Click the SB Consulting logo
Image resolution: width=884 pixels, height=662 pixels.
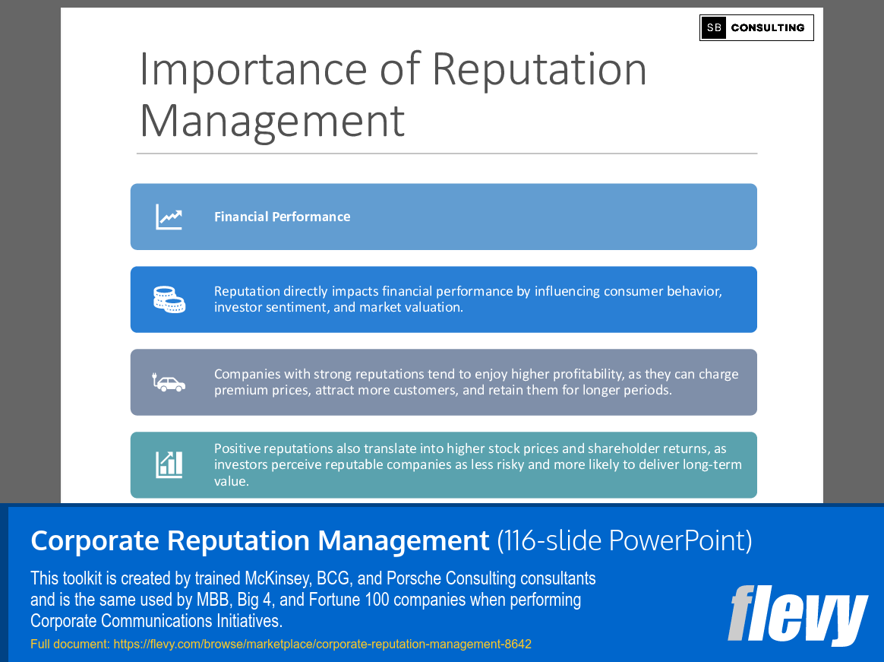[x=756, y=27]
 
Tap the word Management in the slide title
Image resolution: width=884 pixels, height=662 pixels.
[x=272, y=121]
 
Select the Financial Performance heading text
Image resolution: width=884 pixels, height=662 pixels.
[x=282, y=217]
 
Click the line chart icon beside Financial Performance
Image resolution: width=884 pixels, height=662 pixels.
[x=169, y=217]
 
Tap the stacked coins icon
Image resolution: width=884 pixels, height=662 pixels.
[x=169, y=299]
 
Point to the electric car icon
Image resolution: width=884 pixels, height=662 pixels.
[x=169, y=382]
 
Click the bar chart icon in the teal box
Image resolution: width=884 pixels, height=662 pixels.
[x=169, y=464]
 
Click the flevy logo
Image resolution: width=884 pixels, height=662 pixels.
[x=797, y=616]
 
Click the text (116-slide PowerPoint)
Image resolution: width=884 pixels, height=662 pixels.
[x=624, y=541]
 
